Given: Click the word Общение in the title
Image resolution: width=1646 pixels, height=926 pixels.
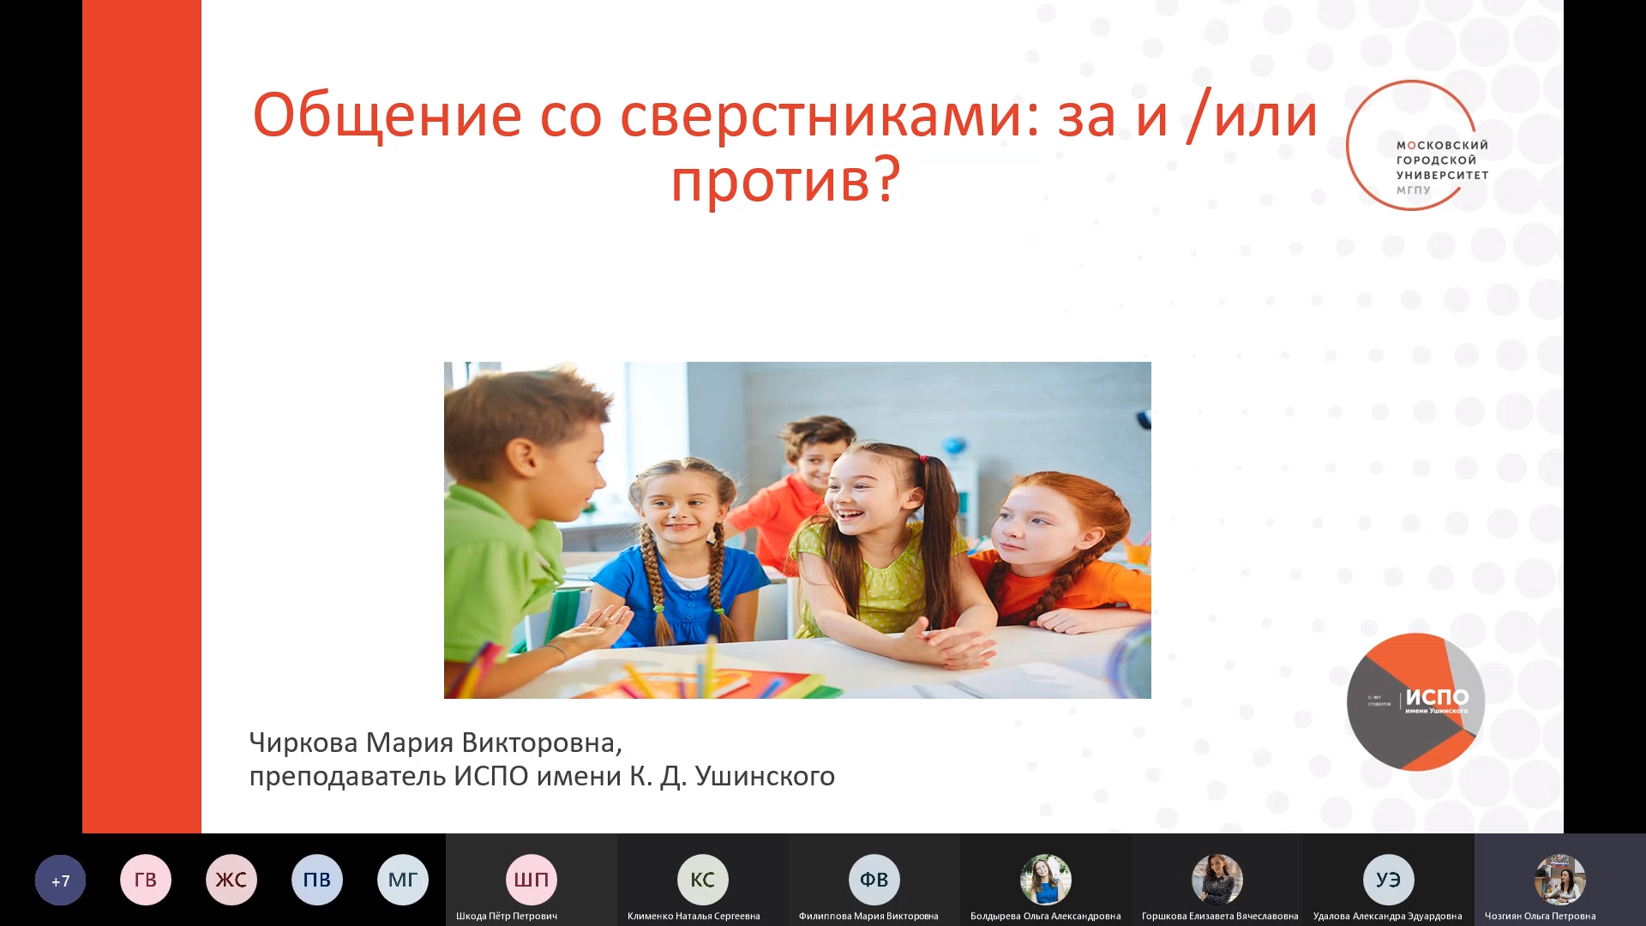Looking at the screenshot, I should coord(387,115).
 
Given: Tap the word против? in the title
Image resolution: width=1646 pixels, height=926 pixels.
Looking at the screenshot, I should coord(785,180).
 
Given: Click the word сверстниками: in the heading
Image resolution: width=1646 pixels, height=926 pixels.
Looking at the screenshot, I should coord(830,115).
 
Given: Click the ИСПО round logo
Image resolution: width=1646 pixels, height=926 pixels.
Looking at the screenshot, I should coord(1415,701).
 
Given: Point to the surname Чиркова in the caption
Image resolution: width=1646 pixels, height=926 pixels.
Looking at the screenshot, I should coord(303,743).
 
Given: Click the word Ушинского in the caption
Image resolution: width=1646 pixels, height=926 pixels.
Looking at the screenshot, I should coord(765,776).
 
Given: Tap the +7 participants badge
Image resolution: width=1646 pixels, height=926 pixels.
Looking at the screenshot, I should coord(60,881).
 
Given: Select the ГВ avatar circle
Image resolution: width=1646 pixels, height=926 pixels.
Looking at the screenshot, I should coord(146,880).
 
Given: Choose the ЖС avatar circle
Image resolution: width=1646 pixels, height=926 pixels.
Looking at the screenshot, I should coord(231,880).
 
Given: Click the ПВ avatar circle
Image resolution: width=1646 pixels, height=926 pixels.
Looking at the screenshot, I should coord(317,880).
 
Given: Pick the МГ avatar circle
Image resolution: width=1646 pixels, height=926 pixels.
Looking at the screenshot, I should coord(403,880).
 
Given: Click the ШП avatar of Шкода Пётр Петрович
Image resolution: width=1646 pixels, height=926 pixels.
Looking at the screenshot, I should coord(532,880).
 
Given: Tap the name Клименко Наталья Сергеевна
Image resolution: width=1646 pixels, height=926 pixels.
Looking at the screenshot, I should coord(694,916).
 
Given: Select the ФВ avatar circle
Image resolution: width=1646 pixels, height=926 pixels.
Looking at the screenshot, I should coord(874,880).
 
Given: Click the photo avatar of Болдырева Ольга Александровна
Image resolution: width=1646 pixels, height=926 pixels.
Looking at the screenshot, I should coord(1046,880).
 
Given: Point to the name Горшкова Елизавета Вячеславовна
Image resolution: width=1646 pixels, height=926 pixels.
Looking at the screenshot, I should coord(1220,916).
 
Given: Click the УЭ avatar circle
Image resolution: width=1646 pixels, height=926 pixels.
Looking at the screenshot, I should coord(1389,880).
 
